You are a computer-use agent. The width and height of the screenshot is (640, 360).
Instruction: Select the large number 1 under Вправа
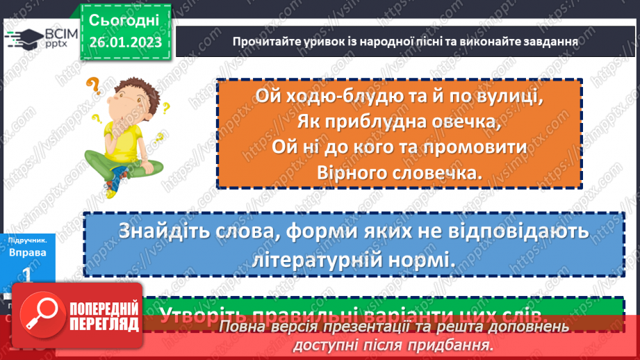tap(27, 275)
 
